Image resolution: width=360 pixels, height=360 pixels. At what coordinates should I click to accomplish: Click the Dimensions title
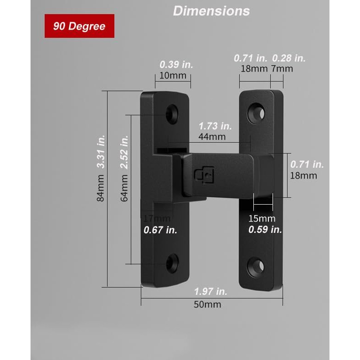tap(211, 11)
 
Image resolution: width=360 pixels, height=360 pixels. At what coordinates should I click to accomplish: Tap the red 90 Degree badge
tap(79, 26)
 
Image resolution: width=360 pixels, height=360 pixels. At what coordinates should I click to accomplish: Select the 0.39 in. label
tap(176, 65)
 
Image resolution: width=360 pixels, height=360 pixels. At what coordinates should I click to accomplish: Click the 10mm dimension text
tap(173, 75)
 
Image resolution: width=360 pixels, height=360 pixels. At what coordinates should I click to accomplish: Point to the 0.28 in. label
tap(288, 58)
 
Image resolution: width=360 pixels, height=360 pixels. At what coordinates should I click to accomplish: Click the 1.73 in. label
tap(215, 126)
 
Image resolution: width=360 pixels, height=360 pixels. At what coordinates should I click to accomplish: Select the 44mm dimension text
tap(212, 136)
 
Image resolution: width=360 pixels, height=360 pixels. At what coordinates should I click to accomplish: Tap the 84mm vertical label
tap(101, 189)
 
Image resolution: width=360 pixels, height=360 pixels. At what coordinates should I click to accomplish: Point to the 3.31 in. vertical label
tap(101, 152)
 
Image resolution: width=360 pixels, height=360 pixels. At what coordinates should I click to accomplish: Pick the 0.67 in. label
tap(160, 230)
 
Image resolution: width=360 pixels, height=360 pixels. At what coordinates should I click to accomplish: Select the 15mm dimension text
tap(262, 219)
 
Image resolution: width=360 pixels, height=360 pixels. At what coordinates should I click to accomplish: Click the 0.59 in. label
tap(265, 230)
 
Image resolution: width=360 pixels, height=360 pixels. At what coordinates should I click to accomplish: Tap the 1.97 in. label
tap(211, 292)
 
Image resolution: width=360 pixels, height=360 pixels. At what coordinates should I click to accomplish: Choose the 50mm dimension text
tap(207, 304)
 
